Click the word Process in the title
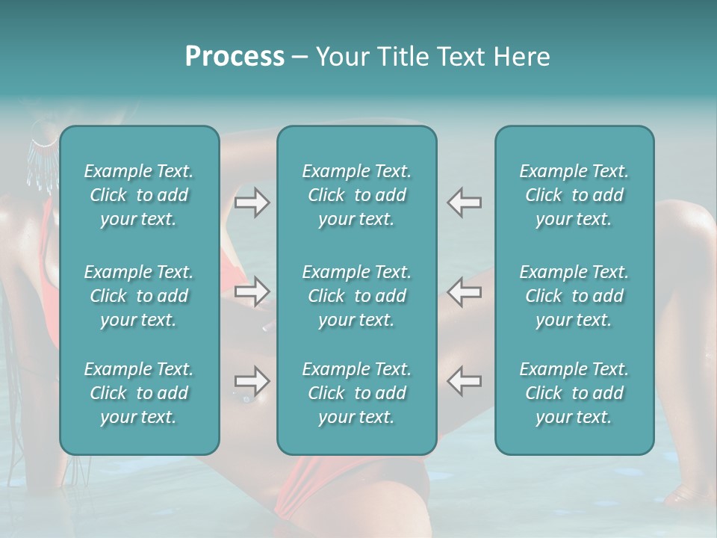tap(235, 57)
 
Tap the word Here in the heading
tap(521, 57)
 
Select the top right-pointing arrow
tap(252, 202)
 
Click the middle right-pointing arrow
tap(252, 291)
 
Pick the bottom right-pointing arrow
tap(252, 381)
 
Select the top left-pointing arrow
tap(465, 202)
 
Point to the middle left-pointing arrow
tap(465, 291)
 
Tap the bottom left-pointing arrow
tap(465, 381)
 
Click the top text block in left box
tap(139, 195)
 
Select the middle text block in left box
tap(139, 296)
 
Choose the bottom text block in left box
tap(139, 393)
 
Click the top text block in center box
tap(356, 195)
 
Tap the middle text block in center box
tap(356, 296)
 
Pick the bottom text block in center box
tap(356, 393)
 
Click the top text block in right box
tap(574, 195)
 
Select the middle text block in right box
tap(574, 296)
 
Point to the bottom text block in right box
tap(574, 393)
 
